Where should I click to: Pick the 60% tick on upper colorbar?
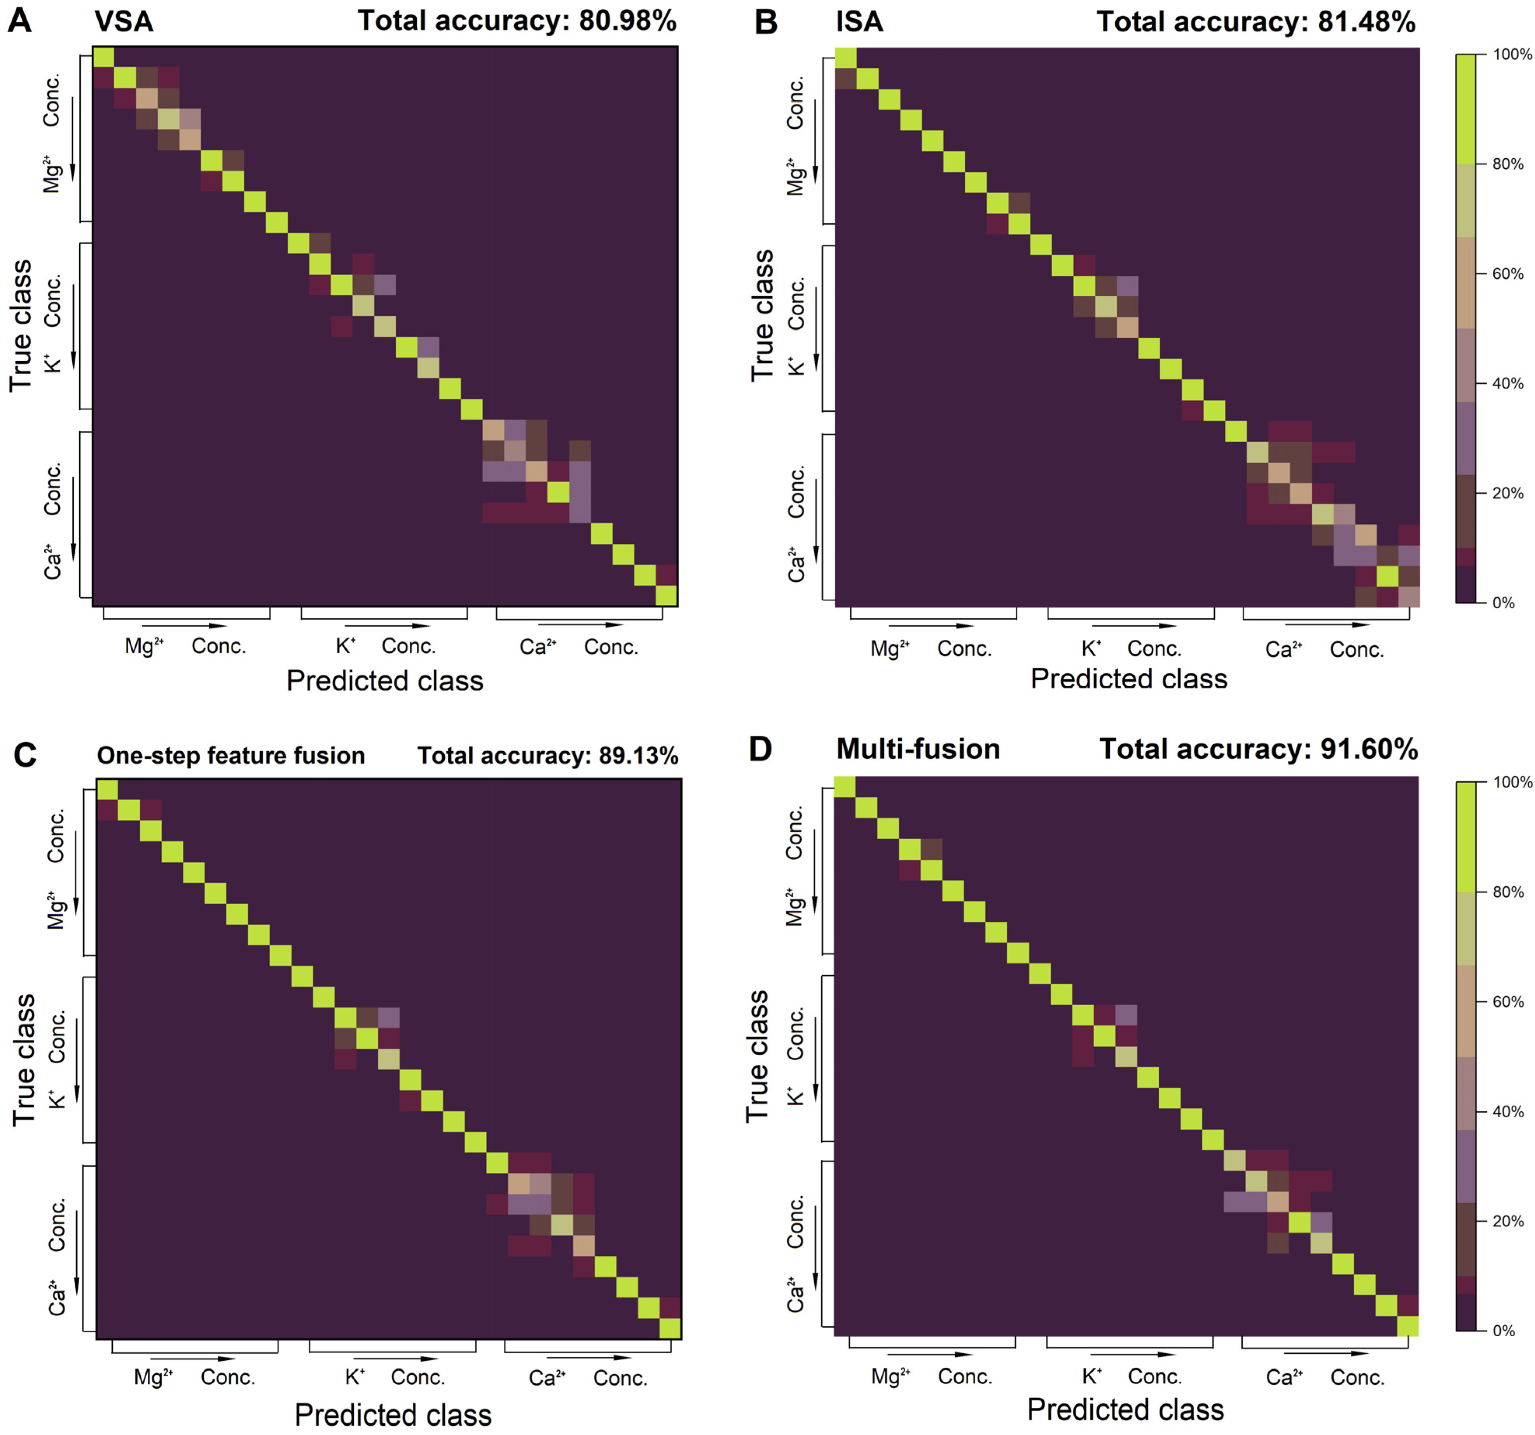[x=1507, y=273]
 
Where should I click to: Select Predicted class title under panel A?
[x=384, y=681]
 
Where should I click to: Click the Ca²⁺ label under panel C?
[x=547, y=1377]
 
